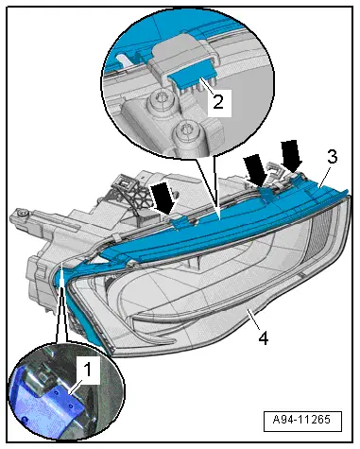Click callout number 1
click(x=88, y=370)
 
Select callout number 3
click(x=332, y=157)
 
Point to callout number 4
click(x=264, y=338)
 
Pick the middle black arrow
click(x=256, y=170)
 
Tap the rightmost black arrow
click(x=291, y=155)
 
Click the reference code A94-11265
click(x=301, y=420)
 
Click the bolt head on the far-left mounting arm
click(x=21, y=214)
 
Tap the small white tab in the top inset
click(x=125, y=60)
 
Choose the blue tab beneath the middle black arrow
click(x=266, y=193)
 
